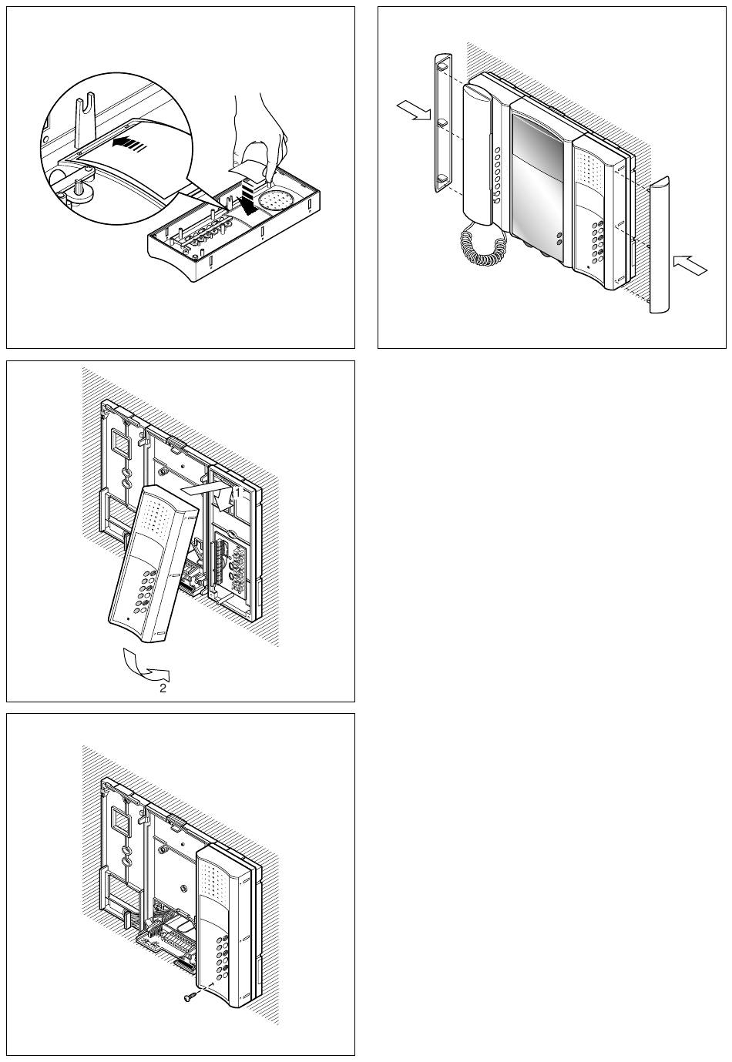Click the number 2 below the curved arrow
pos(163,688)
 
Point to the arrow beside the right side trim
pos(690,265)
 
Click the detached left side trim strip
pos(442,122)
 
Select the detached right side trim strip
pos(659,245)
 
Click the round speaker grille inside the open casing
pos(274,202)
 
